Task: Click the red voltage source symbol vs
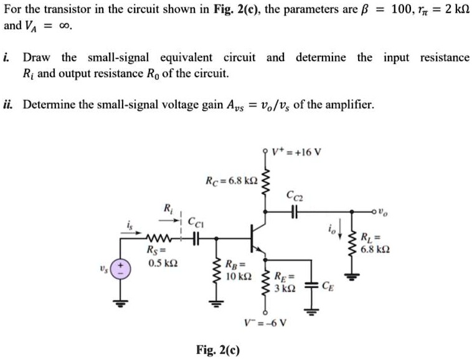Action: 121,272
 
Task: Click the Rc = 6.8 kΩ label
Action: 231,181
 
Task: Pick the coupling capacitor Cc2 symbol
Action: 293,212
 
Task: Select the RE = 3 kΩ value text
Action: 289,283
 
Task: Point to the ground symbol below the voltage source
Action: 121,304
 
